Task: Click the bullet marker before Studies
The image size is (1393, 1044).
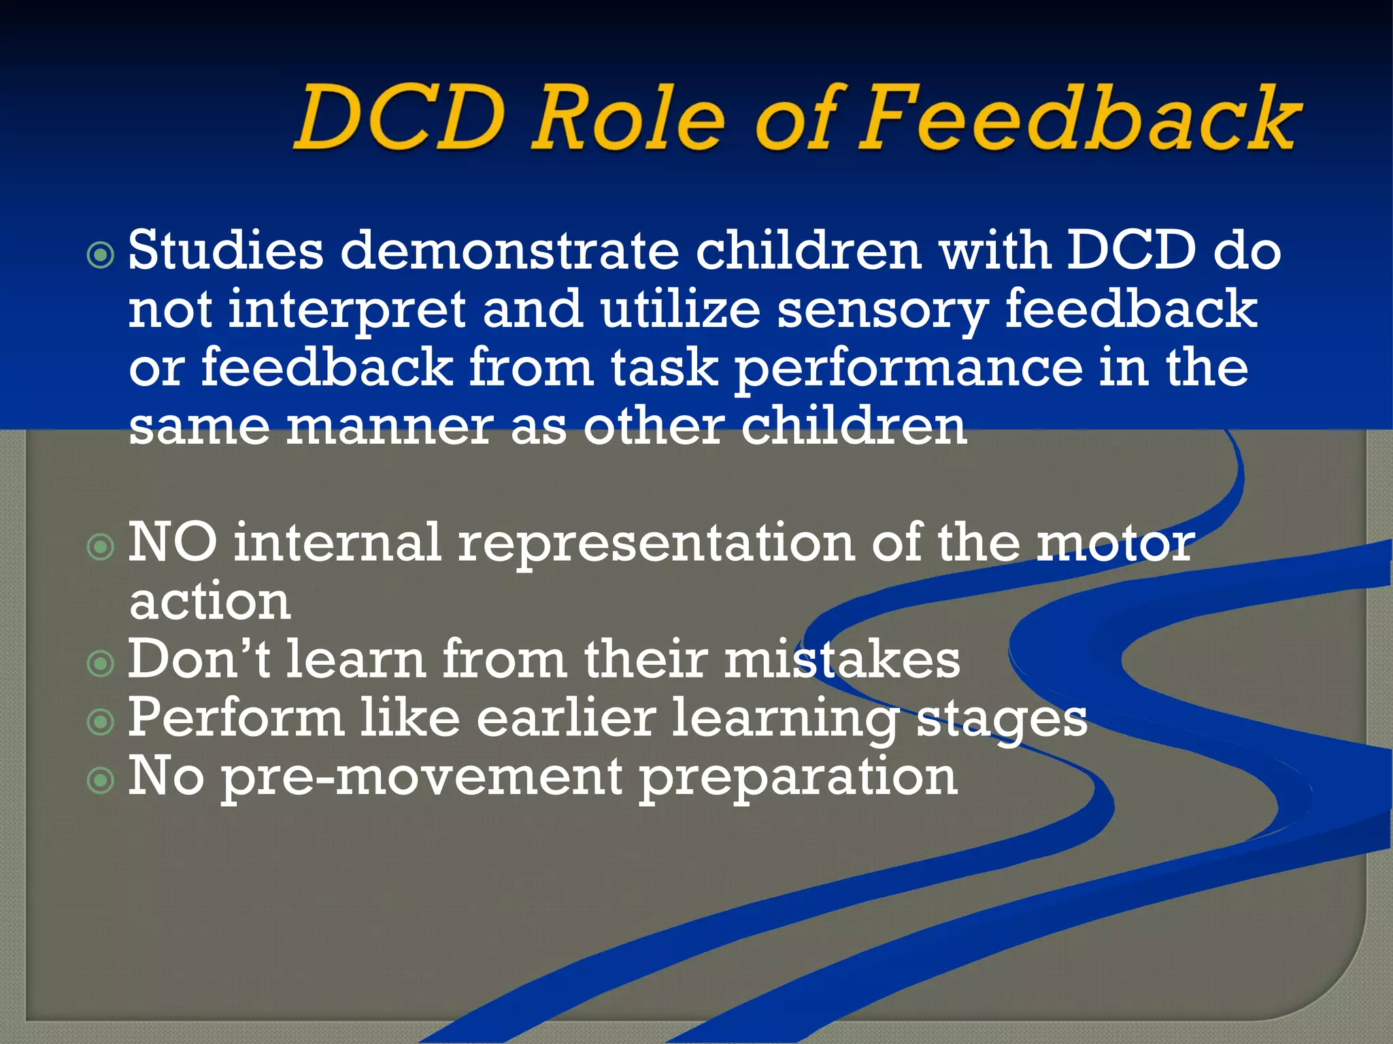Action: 101,256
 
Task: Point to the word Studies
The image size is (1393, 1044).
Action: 225,250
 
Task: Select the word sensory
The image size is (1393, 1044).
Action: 882,310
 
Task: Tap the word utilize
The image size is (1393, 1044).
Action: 679,309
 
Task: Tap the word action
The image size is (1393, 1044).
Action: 209,602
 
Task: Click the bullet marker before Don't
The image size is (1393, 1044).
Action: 101,663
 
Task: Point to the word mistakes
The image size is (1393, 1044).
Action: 841,659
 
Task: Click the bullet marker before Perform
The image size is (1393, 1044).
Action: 101,722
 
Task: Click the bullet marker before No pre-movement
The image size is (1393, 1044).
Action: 101,780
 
